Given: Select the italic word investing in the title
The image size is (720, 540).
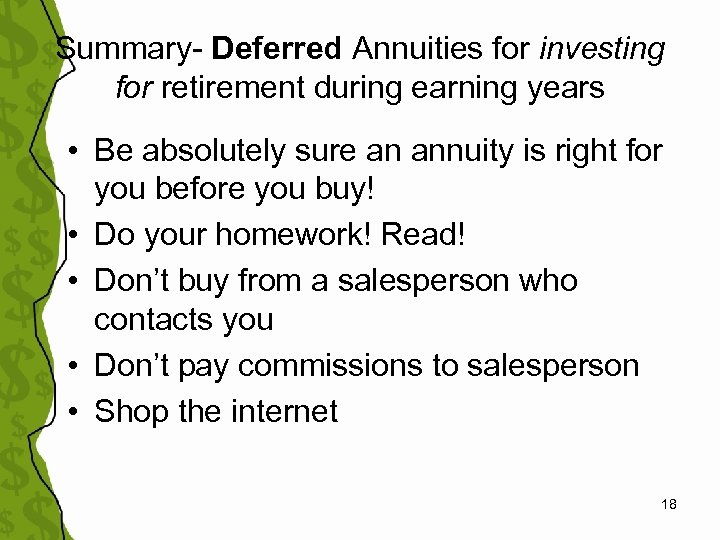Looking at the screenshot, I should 602,47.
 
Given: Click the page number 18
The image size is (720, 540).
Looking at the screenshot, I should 669,505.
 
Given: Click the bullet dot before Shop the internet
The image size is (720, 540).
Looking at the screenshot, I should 76,412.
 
